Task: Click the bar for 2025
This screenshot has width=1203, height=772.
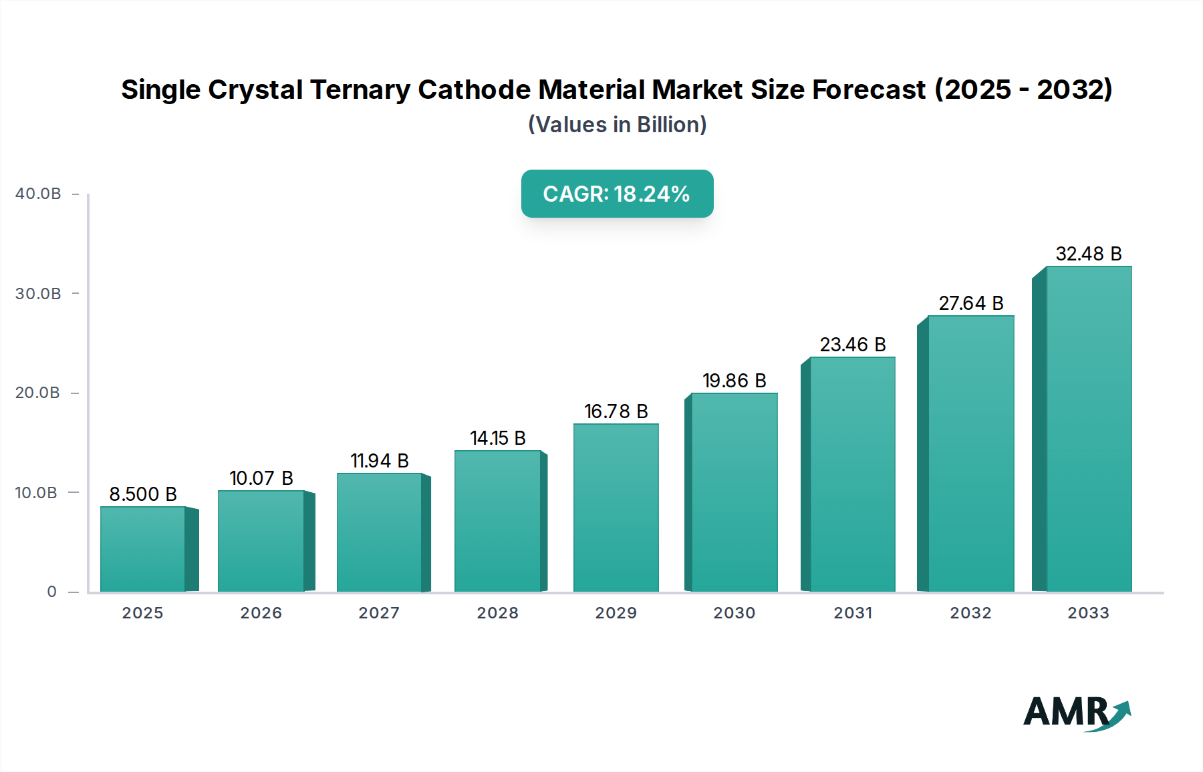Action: [142, 549]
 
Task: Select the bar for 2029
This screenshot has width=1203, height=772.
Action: [616, 508]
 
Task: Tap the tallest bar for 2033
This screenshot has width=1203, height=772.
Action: [1088, 429]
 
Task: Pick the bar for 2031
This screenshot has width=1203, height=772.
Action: [852, 474]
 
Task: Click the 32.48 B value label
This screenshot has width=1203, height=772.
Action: [1088, 254]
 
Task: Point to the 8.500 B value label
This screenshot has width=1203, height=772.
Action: [143, 494]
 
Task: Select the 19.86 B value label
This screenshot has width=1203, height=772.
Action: [734, 381]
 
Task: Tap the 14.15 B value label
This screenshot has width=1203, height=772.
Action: [497, 438]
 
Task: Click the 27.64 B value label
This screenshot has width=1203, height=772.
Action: [970, 303]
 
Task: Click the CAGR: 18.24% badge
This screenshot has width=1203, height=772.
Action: [617, 194]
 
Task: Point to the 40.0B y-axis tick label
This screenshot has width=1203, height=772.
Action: [38, 194]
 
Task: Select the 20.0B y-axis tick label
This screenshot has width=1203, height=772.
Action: [38, 393]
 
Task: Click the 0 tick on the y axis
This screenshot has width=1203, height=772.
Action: [52, 592]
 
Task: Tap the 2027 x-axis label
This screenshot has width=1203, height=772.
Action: [379, 613]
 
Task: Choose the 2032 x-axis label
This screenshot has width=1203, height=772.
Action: [970, 613]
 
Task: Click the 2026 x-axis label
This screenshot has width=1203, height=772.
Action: [261, 613]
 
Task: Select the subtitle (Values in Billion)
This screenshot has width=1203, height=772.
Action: [617, 125]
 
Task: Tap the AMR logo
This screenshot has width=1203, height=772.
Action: [1076, 713]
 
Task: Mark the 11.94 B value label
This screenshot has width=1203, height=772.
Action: [379, 461]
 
